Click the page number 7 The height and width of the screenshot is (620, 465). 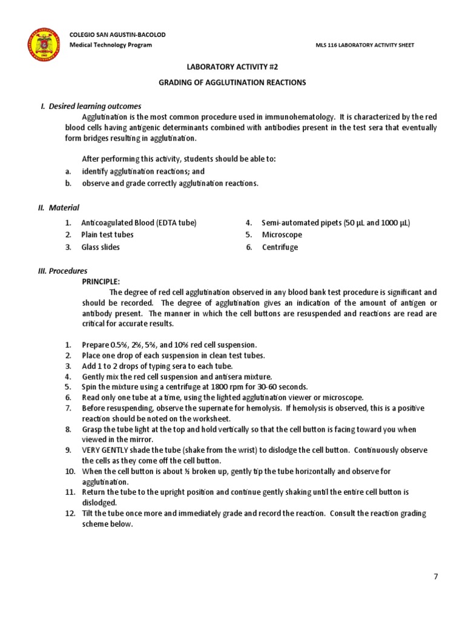[x=435, y=576]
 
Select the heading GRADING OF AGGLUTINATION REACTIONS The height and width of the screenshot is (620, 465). [x=232, y=82]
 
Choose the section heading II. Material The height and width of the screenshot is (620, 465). [x=59, y=208]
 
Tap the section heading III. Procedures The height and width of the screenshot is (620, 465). [x=62, y=271]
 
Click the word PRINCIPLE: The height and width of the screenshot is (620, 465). [x=101, y=282]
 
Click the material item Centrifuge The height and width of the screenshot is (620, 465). [x=280, y=247]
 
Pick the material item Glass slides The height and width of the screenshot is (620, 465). [x=101, y=247]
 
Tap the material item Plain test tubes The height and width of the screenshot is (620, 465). [x=107, y=234]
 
